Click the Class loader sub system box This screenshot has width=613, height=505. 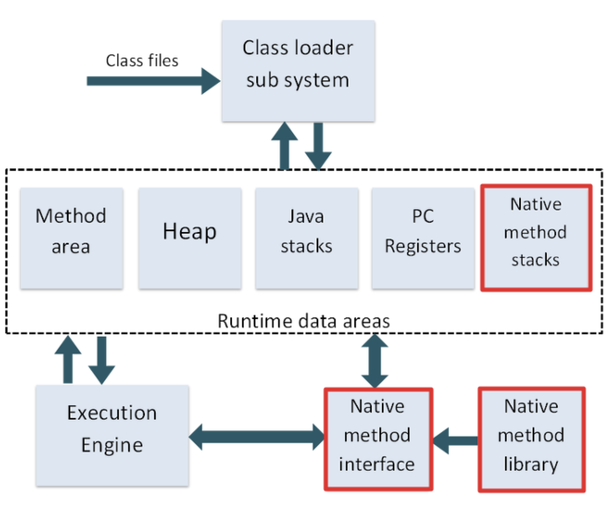[x=298, y=71]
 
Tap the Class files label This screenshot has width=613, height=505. [x=142, y=61]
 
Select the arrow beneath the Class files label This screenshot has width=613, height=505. [x=153, y=81]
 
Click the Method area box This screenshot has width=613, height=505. [x=72, y=238]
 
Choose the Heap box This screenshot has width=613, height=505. [x=190, y=238]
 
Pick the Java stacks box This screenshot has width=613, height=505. [x=307, y=238]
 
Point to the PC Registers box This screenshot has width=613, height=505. [x=423, y=238]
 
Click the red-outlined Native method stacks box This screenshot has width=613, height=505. [x=536, y=238]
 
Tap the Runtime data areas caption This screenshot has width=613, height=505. [x=304, y=321]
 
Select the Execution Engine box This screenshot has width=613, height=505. [x=112, y=436]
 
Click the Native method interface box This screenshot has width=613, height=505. [x=379, y=439]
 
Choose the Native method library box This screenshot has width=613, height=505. [x=532, y=439]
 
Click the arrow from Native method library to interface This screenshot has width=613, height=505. [x=455, y=441]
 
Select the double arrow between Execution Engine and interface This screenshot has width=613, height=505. [x=256, y=437]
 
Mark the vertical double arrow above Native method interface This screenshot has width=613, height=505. [x=375, y=361]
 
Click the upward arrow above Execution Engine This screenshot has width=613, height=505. [x=68, y=359]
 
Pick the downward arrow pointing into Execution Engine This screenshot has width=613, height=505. [x=102, y=361]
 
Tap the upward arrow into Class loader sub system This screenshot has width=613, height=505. [x=284, y=146]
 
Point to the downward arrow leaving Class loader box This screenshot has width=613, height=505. [x=318, y=146]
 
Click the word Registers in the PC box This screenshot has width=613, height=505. [x=423, y=247]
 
